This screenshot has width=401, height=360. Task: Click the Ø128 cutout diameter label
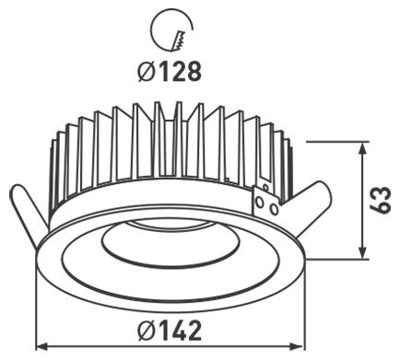pos(170,72)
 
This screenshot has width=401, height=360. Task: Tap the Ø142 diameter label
pos(170,331)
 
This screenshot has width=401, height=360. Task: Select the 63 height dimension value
pos(380,200)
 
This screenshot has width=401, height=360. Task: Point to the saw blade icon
pos(178,39)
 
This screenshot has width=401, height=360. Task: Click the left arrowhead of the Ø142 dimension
pos(42,347)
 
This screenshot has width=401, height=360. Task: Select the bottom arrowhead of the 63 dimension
pos(363,252)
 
